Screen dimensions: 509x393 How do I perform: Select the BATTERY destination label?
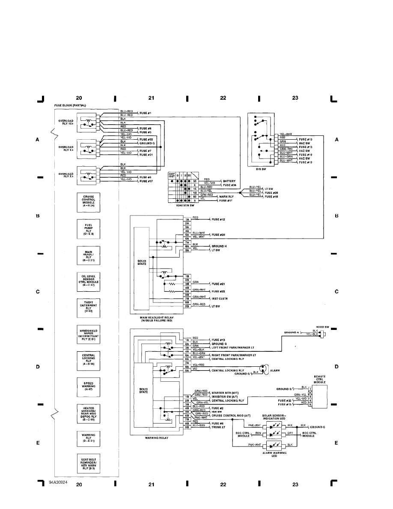pos(229,181)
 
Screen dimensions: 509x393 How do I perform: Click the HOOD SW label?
pos(322,326)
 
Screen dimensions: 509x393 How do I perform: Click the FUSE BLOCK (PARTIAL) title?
pos(70,105)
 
